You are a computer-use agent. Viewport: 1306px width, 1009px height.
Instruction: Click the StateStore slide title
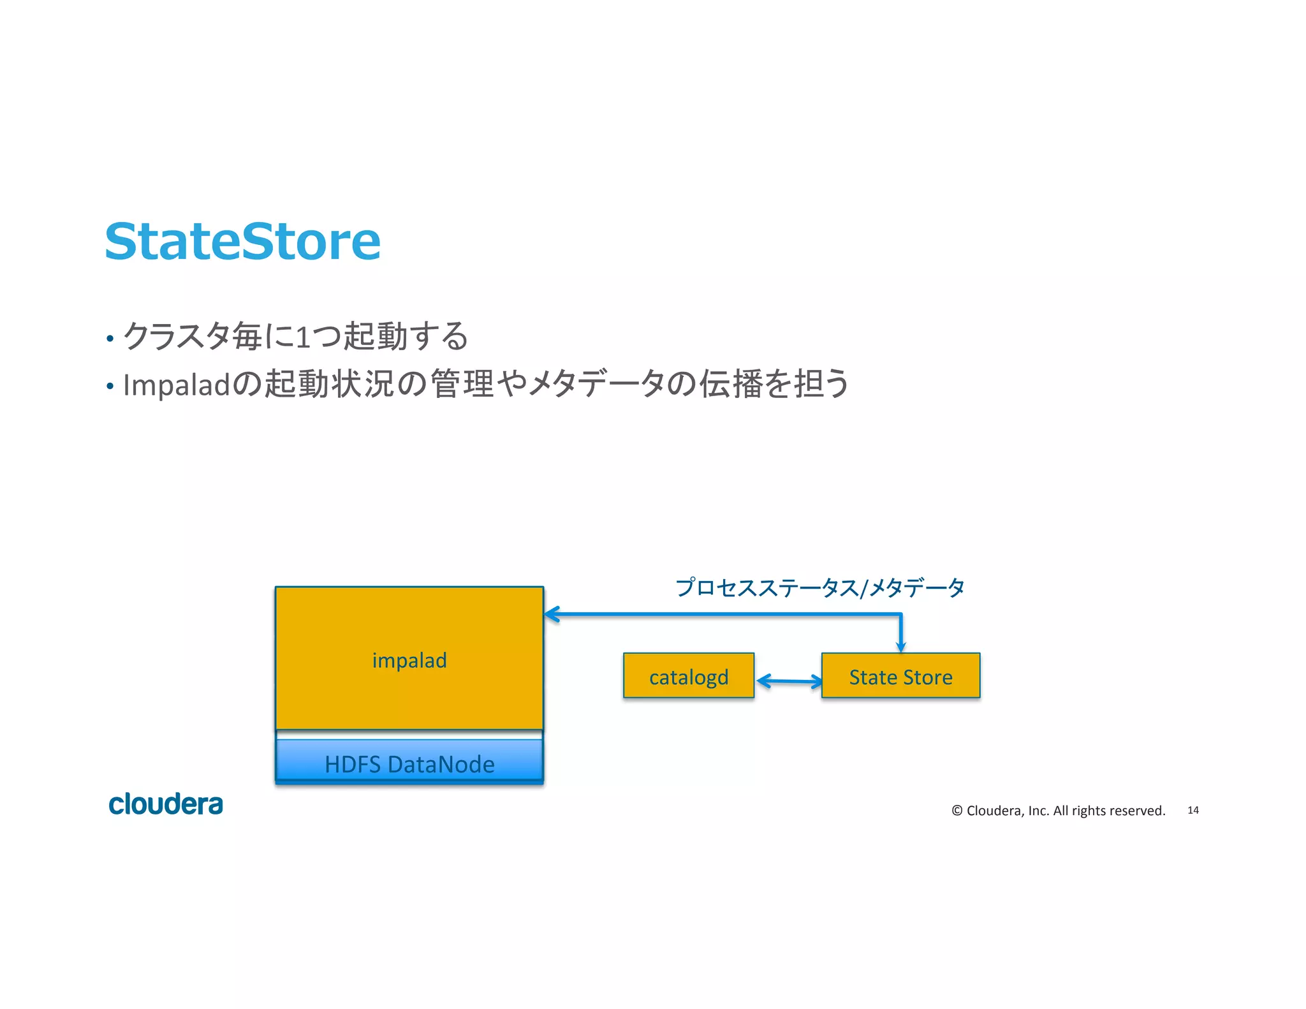[242, 242]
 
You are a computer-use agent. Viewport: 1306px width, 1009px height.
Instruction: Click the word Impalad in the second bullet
[176, 385]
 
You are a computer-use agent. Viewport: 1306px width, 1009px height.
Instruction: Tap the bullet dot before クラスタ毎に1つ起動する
[110, 339]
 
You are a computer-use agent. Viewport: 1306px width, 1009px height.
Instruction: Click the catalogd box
[688, 676]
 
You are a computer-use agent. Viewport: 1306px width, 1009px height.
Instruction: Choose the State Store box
[900, 676]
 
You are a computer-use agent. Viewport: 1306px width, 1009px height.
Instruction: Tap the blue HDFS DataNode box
[409, 762]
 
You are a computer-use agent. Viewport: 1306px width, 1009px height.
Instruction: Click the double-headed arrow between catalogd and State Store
[789, 681]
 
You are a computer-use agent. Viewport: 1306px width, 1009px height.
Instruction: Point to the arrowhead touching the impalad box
[551, 614]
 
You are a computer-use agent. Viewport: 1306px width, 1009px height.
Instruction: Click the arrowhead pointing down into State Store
[900, 647]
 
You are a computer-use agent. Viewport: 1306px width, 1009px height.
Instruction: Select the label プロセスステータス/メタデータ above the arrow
[819, 587]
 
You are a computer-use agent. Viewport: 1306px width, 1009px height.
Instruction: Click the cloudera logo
[166, 804]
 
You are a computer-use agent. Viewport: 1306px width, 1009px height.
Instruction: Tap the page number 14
[1192, 810]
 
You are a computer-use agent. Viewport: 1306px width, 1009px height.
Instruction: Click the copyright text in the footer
[1058, 811]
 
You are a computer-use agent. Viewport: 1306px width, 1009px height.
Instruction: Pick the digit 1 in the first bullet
[304, 337]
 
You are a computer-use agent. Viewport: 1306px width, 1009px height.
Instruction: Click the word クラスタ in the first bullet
[176, 336]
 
